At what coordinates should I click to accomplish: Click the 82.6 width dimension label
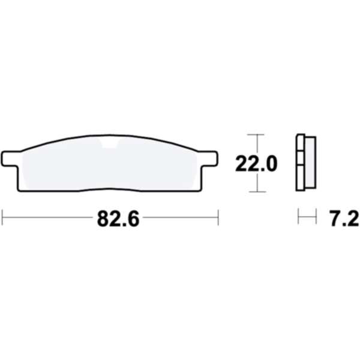click(x=118, y=219)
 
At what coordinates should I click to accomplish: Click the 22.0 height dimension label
click(x=256, y=164)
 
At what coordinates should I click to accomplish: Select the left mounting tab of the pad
click(x=10, y=158)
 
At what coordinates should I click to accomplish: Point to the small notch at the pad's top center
click(x=110, y=143)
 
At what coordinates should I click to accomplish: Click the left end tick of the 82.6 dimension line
click(x=2, y=217)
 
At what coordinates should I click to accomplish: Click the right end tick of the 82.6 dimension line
click(x=218, y=217)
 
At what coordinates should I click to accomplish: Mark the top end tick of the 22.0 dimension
click(x=256, y=134)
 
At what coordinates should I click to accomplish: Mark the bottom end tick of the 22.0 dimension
click(x=257, y=191)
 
